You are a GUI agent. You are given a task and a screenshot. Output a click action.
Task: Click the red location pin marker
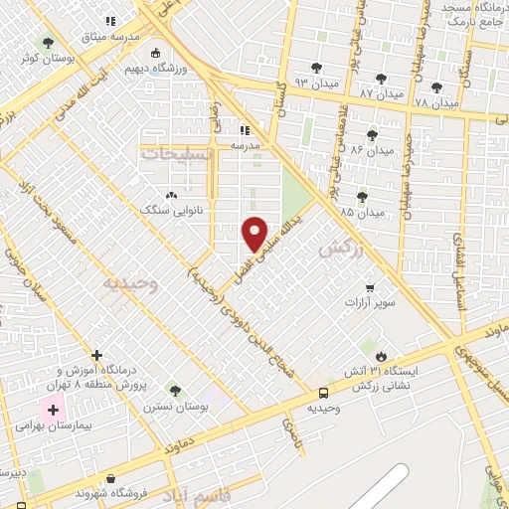click(254, 233)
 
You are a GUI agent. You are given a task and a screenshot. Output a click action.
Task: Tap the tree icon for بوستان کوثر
click(48, 42)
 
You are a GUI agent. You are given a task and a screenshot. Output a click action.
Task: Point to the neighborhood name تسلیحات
click(177, 154)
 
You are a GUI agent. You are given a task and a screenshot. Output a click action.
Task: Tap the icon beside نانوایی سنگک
click(171, 196)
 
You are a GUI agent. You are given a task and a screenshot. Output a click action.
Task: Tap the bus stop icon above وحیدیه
click(323, 393)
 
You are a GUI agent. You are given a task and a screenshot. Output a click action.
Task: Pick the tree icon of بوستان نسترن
click(175, 390)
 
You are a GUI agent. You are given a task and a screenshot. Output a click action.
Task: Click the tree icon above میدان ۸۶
click(373, 135)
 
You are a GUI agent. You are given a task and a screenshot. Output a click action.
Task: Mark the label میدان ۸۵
click(361, 213)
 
